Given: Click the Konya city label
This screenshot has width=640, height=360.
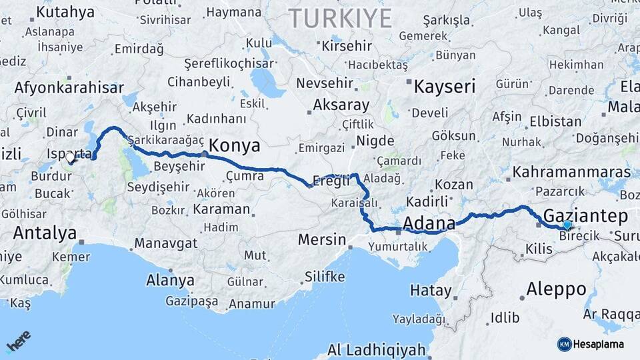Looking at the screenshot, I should [x=234, y=146].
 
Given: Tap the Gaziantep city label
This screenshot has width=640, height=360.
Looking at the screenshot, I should [x=585, y=215].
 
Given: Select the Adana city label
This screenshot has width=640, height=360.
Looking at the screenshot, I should [x=429, y=223].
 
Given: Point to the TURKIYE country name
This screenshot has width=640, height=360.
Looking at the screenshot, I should [x=340, y=19].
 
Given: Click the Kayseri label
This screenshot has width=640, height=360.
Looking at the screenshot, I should [x=445, y=86].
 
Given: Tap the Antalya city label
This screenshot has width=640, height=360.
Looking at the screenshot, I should [x=45, y=233].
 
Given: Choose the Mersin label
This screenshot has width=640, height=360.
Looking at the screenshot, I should [x=322, y=239].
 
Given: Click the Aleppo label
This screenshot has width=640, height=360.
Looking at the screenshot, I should [x=556, y=289].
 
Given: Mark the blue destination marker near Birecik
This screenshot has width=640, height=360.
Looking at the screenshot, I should [x=567, y=225].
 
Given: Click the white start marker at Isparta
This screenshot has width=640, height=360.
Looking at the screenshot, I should [x=70, y=159].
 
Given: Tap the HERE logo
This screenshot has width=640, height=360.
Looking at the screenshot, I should [x=18, y=341].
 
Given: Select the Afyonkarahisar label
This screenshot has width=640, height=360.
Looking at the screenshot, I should [x=69, y=88].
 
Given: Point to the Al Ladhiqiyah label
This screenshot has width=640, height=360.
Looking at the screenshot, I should [x=376, y=349].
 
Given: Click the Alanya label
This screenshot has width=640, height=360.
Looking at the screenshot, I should [x=170, y=279].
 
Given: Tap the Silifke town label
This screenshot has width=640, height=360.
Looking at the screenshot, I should [x=325, y=276].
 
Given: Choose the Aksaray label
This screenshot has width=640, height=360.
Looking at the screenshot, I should [x=341, y=105].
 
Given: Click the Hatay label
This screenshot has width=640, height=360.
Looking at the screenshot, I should [x=430, y=290].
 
